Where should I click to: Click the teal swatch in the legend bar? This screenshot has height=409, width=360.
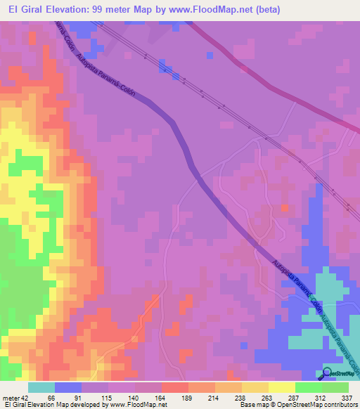tap(41, 387)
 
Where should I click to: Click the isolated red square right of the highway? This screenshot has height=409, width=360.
tap(284, 208)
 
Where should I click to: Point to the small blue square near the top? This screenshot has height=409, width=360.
tap(210, 55)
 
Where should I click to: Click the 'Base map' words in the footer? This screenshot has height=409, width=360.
tap(251, 405)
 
